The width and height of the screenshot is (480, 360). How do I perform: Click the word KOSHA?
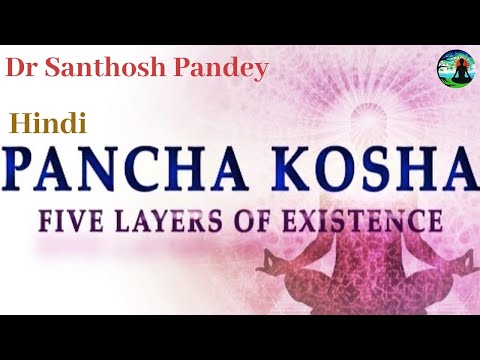[x=369, y=172]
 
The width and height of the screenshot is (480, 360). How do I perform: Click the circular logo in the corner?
[x=455, y=69]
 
